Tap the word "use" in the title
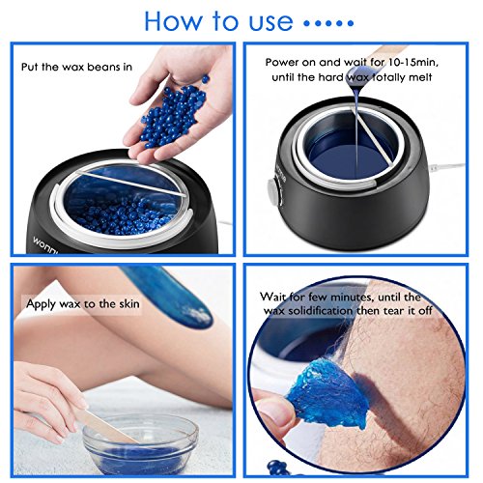pyautogui.click(x=270, y=23)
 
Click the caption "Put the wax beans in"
pyautogui.click(x=76, y=67)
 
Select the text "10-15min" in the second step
pyautogui.click(x=412, y=62)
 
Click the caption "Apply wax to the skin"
pyautogui.click(x=83, y=303)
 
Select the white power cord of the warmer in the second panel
pyautogui.click(x=446, y=167)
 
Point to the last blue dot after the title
pyautogui.click(x=351, y=23)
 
